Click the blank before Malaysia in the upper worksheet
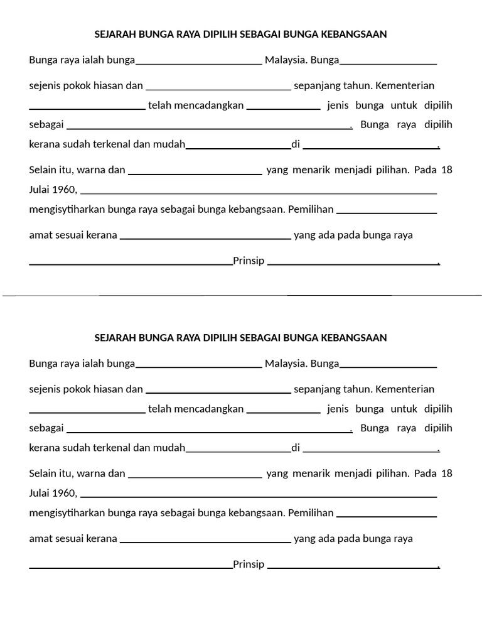pos(199,63)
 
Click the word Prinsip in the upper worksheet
pos(249,261)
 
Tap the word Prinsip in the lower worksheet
pos(249,565)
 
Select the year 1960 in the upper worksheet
pos(65,190)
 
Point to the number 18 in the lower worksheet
pos(446,473)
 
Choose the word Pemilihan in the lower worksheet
pos(311,512)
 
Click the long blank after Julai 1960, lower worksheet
pos(259,496)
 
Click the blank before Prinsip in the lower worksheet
pos(131,568)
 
